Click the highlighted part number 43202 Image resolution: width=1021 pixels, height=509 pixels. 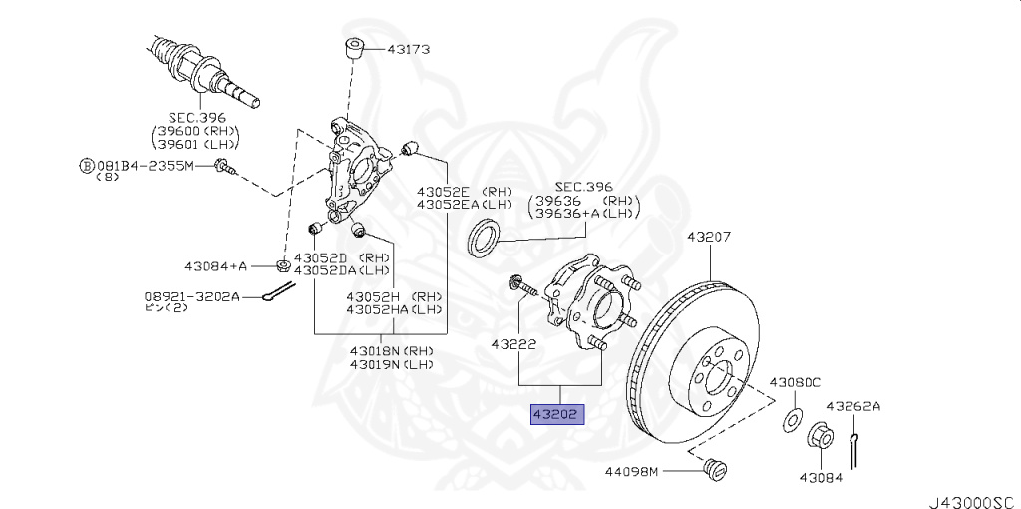(557, 414)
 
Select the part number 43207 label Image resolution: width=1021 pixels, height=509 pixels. (709, 238)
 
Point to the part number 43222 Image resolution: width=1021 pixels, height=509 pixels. (513, 344)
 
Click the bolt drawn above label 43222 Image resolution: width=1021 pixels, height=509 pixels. (520, 285)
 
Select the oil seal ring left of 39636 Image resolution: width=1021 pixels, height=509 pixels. (485, 238)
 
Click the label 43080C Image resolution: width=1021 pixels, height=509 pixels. (794, 382)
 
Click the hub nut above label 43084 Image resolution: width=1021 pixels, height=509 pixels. (818, 438)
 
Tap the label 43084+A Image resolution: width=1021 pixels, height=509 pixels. (215, 266)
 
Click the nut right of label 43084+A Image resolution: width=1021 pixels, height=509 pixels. (282, 265)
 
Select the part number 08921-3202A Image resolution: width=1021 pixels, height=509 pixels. (191, 296)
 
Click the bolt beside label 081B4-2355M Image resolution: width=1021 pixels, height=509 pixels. (225, 167)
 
